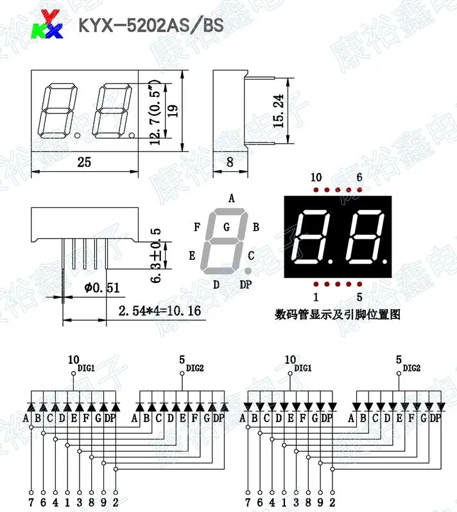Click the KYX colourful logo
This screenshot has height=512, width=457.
49,24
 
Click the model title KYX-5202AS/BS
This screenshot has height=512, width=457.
151,26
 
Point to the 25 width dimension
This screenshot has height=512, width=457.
84,162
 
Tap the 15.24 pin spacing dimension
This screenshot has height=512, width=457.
279,110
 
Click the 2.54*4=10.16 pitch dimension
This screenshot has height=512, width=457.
159,312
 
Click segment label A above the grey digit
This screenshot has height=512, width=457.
231,198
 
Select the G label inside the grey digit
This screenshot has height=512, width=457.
227,226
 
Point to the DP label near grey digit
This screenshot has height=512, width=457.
246,285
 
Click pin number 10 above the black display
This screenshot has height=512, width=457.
316,177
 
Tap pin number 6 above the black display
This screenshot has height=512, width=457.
359,177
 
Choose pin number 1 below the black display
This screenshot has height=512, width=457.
316,296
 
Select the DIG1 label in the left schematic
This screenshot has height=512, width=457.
85,368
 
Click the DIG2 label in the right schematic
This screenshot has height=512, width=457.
411,368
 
